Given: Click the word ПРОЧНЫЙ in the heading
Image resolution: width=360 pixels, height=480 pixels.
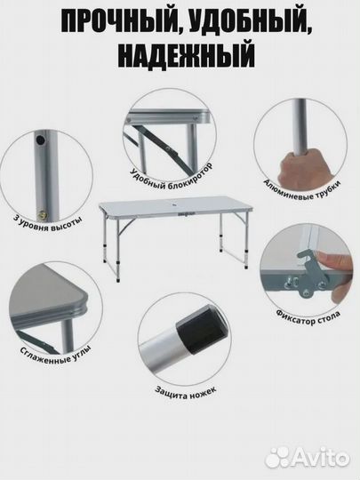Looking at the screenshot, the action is point(119,22).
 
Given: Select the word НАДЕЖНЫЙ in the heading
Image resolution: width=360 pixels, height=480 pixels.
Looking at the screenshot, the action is point(187,56).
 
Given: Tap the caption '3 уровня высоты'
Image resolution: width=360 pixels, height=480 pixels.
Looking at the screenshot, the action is point(48,223).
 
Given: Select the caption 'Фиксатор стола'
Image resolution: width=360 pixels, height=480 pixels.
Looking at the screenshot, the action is point(308,317).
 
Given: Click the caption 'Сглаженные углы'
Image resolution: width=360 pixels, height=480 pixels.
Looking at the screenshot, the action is point(55,355).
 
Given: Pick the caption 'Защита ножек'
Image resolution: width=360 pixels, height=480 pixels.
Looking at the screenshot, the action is point(186,393).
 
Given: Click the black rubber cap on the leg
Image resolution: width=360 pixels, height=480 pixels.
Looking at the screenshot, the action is point(202,329).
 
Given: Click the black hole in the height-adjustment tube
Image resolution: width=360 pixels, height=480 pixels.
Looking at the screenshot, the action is point(40,140).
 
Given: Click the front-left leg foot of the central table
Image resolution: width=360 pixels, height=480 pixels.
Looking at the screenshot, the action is point(118,279).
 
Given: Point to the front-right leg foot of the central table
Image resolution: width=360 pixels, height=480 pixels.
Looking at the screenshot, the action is point(246,267).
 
